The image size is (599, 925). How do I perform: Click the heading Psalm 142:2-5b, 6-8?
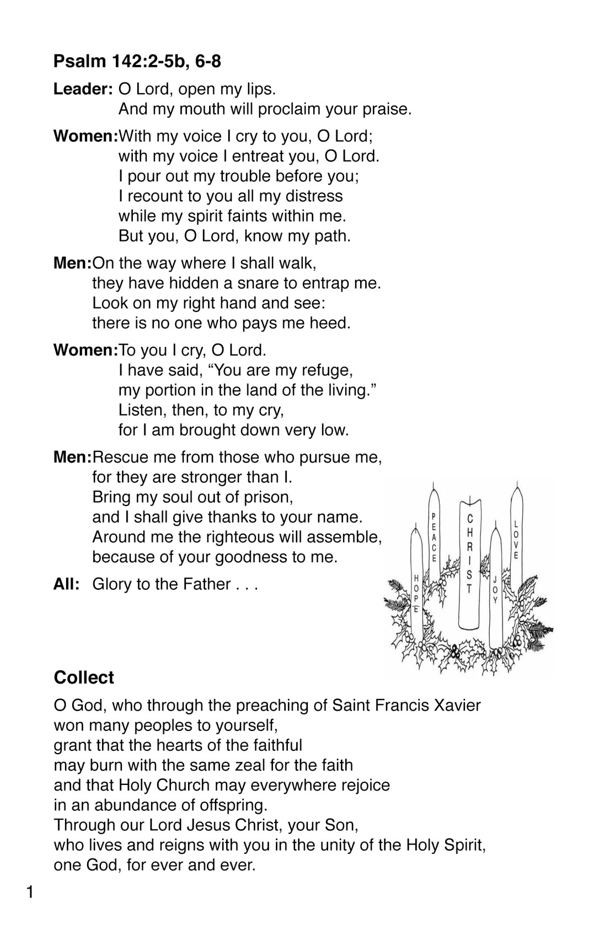coord(137,61)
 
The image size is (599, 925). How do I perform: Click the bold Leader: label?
coord(83,89)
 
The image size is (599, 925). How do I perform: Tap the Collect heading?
coord(84,677)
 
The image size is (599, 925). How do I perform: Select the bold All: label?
coord(67,584)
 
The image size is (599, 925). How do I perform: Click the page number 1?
coord(31,891)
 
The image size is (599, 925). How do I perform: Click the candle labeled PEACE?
coord(435,540)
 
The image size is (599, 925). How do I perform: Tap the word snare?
coord(257,283)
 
